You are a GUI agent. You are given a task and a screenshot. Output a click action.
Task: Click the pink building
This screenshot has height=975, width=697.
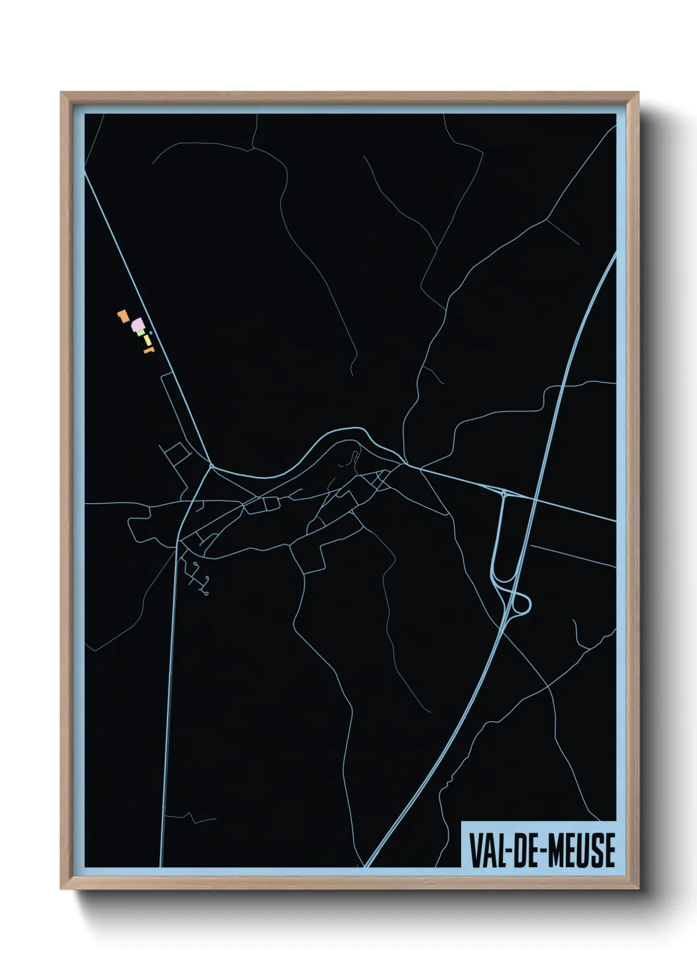pos(137,324)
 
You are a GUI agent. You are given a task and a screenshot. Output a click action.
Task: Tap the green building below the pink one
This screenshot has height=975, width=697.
pos(141,333)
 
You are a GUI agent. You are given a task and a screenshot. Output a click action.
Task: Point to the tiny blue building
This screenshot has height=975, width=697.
pos(151,333)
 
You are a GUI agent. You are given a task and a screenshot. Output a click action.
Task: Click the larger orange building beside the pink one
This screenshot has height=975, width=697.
pos(122,316)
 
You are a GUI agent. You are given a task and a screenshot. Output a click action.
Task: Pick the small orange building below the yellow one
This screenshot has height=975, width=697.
pos(148,351)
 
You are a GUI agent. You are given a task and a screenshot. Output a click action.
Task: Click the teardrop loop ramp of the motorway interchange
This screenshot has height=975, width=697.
pos(521,603)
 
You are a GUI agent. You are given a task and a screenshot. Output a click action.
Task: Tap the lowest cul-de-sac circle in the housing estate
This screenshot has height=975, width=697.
pos(207,594)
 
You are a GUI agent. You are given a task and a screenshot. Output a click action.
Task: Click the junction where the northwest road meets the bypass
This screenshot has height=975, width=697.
pos(211,466)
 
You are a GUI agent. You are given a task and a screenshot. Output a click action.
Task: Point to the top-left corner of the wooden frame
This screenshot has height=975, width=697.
pos(61,93)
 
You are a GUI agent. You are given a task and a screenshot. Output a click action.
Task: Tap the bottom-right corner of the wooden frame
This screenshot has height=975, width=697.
pos(639,889)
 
